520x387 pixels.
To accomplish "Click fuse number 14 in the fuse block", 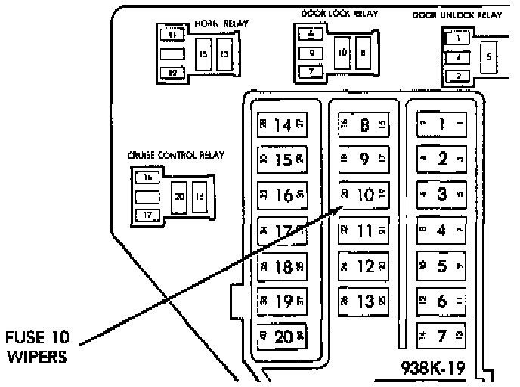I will (x=283, y=125).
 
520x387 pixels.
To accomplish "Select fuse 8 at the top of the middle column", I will (x=363, y=125).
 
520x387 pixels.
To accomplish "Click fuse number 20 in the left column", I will (x=283, y=336).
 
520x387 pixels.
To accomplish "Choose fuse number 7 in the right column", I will (x=442, y=333).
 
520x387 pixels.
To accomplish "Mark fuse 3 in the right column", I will (x=442, y=193).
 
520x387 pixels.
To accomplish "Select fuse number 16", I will (x=283, y=194).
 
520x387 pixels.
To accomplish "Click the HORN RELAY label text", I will (x=221, y=23).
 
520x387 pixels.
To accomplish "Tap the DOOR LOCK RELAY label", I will (x=339, y=14).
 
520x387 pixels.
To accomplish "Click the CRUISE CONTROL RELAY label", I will (x=176, y=156).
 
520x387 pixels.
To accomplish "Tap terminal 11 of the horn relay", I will (x=174, y=35).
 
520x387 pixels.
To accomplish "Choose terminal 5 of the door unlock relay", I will (x=488, y=57).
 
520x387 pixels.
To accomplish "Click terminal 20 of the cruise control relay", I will (x=178, y=195).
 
